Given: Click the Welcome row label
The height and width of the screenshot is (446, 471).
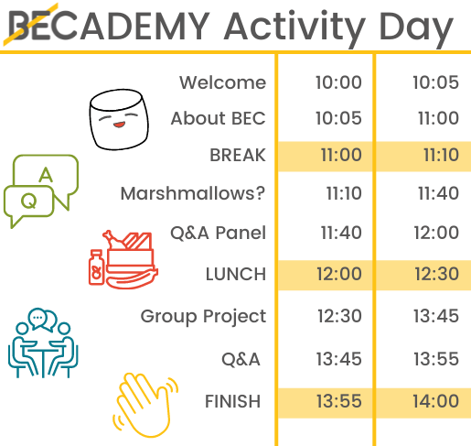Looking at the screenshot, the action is point(222,82).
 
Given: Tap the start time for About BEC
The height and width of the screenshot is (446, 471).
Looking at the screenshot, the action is point(338,118).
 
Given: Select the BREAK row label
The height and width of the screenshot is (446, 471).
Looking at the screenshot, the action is point(238,155).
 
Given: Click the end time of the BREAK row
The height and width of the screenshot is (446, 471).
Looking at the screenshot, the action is point(441,155).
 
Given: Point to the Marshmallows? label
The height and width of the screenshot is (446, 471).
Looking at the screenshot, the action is point(193,193).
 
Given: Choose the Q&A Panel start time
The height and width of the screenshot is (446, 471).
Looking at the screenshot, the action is point(341,233).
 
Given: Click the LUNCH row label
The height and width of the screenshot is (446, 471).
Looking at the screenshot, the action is point(236,274).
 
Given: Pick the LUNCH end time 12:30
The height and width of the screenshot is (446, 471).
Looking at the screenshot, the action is point(436,274).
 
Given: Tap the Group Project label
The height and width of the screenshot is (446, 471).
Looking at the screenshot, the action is point(203,317).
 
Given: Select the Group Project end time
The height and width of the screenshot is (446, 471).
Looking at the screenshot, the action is point(436,316).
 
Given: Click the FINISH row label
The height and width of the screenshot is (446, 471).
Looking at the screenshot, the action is point(232,401).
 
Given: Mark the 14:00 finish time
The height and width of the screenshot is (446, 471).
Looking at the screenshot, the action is point(436,401).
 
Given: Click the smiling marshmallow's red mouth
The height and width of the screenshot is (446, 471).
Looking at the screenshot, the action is point(119,125).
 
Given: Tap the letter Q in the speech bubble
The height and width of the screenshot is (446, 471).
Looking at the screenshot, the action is point(29,201).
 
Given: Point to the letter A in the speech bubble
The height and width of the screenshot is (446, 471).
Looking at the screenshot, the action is point(46,175).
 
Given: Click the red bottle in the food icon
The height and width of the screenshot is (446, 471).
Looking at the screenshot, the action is point(96,267).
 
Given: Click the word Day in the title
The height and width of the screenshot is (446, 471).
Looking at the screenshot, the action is point(416,27).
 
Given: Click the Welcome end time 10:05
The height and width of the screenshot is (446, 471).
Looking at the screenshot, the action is point(436,82).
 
